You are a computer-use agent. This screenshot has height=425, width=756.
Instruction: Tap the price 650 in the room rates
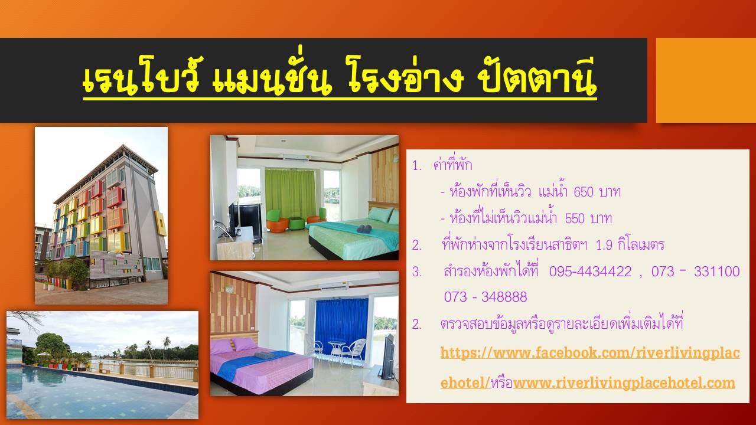click(584, 192)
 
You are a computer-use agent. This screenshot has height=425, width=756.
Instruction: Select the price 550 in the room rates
click(575, 218)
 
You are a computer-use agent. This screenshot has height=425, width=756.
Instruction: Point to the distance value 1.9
click(604, 245)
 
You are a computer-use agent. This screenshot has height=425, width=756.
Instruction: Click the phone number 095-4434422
click(590, 271)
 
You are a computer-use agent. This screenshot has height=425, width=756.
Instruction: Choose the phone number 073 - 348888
click(485, 297)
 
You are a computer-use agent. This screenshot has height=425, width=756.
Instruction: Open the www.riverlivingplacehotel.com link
click(624, 383)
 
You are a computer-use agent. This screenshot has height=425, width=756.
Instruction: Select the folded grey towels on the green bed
click(364, 228)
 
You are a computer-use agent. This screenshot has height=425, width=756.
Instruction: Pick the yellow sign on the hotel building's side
click(160, 223)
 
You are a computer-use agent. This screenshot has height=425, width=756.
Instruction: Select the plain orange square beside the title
click(706, 80)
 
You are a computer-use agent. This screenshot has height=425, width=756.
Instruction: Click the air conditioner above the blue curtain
click(334, 286)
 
